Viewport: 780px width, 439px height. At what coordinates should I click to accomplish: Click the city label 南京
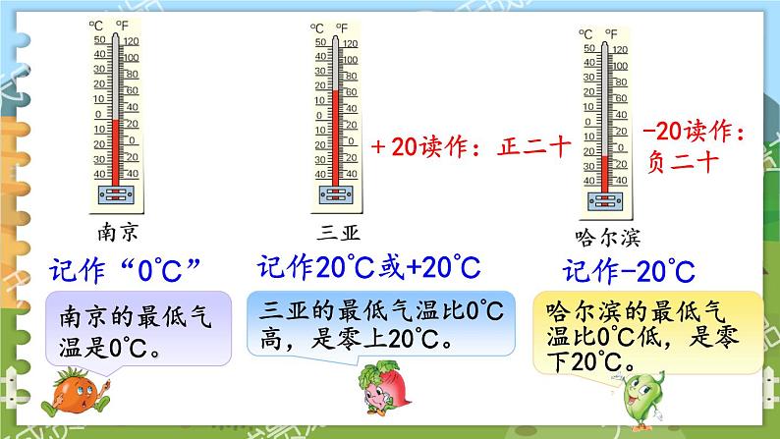(x=120, y=232)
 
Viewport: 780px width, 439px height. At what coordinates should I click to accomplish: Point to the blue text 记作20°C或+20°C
(x=368, y=266)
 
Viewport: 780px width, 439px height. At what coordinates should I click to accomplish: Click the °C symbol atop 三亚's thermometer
(x=315, y=29)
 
